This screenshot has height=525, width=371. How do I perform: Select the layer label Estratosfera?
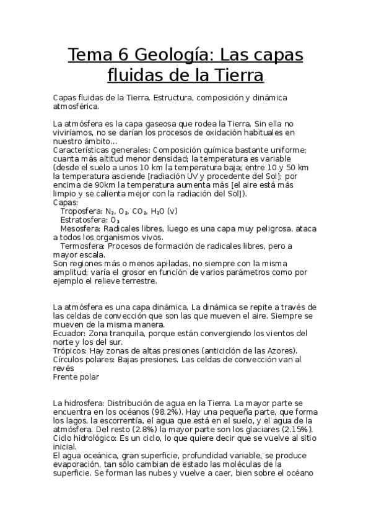pyautogui.click(x=82, y=220)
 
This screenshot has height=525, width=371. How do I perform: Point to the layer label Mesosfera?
pyautogui.click(x=79, y=228)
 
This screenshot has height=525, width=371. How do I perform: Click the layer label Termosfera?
pyautogui.click(x=81, y=246)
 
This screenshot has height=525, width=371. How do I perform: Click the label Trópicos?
pyautogui.click(x=71, y=350)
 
